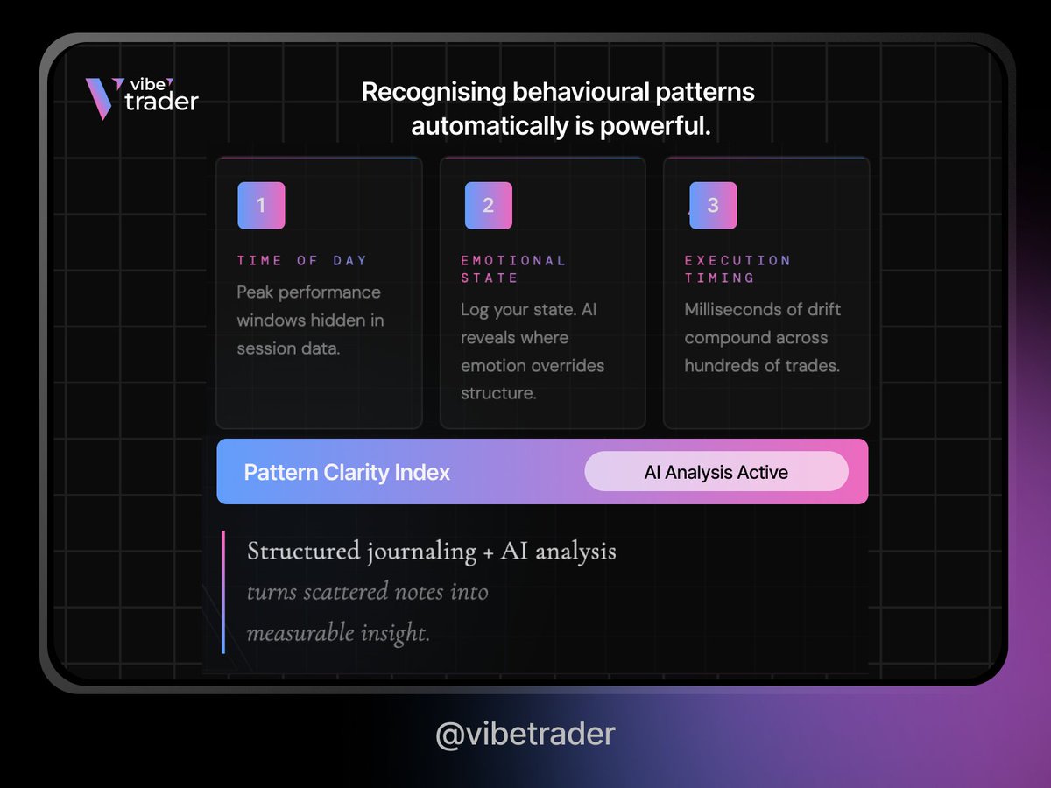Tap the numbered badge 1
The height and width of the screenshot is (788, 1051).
point(261,206)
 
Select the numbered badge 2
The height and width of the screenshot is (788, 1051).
point(489,206)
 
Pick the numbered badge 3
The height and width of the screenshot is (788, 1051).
point(713,206)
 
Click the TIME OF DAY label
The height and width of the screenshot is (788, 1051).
point(302,260)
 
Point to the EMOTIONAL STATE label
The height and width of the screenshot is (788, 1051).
point(513,269)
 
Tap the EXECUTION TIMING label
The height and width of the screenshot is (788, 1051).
point(737,269)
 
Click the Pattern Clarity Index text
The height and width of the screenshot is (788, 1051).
point(347,473)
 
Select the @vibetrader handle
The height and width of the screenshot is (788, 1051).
point(525,734)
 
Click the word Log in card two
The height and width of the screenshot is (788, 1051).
point(476,310)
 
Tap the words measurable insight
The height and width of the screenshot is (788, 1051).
point(338,632)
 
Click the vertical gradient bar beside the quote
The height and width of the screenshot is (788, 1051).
point(224,592)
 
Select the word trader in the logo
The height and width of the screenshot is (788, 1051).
point(161,102)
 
